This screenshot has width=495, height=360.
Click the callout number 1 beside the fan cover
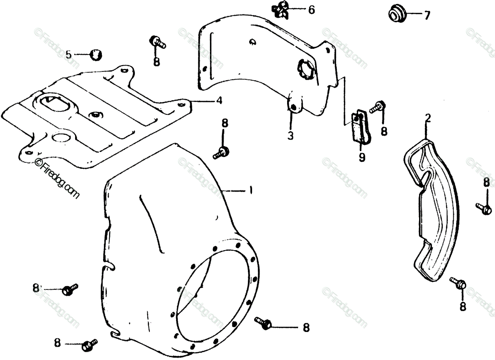coord(250,191)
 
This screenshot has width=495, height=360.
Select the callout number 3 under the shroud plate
coord(291,135)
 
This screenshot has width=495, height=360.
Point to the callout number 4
coord(219,100)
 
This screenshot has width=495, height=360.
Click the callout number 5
coord(69,54)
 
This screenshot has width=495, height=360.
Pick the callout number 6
coord(311,9)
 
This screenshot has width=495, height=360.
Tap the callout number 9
coord(362,157)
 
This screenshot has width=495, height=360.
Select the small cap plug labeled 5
coord(96,54)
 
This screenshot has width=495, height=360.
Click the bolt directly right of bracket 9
coord(378,107)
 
